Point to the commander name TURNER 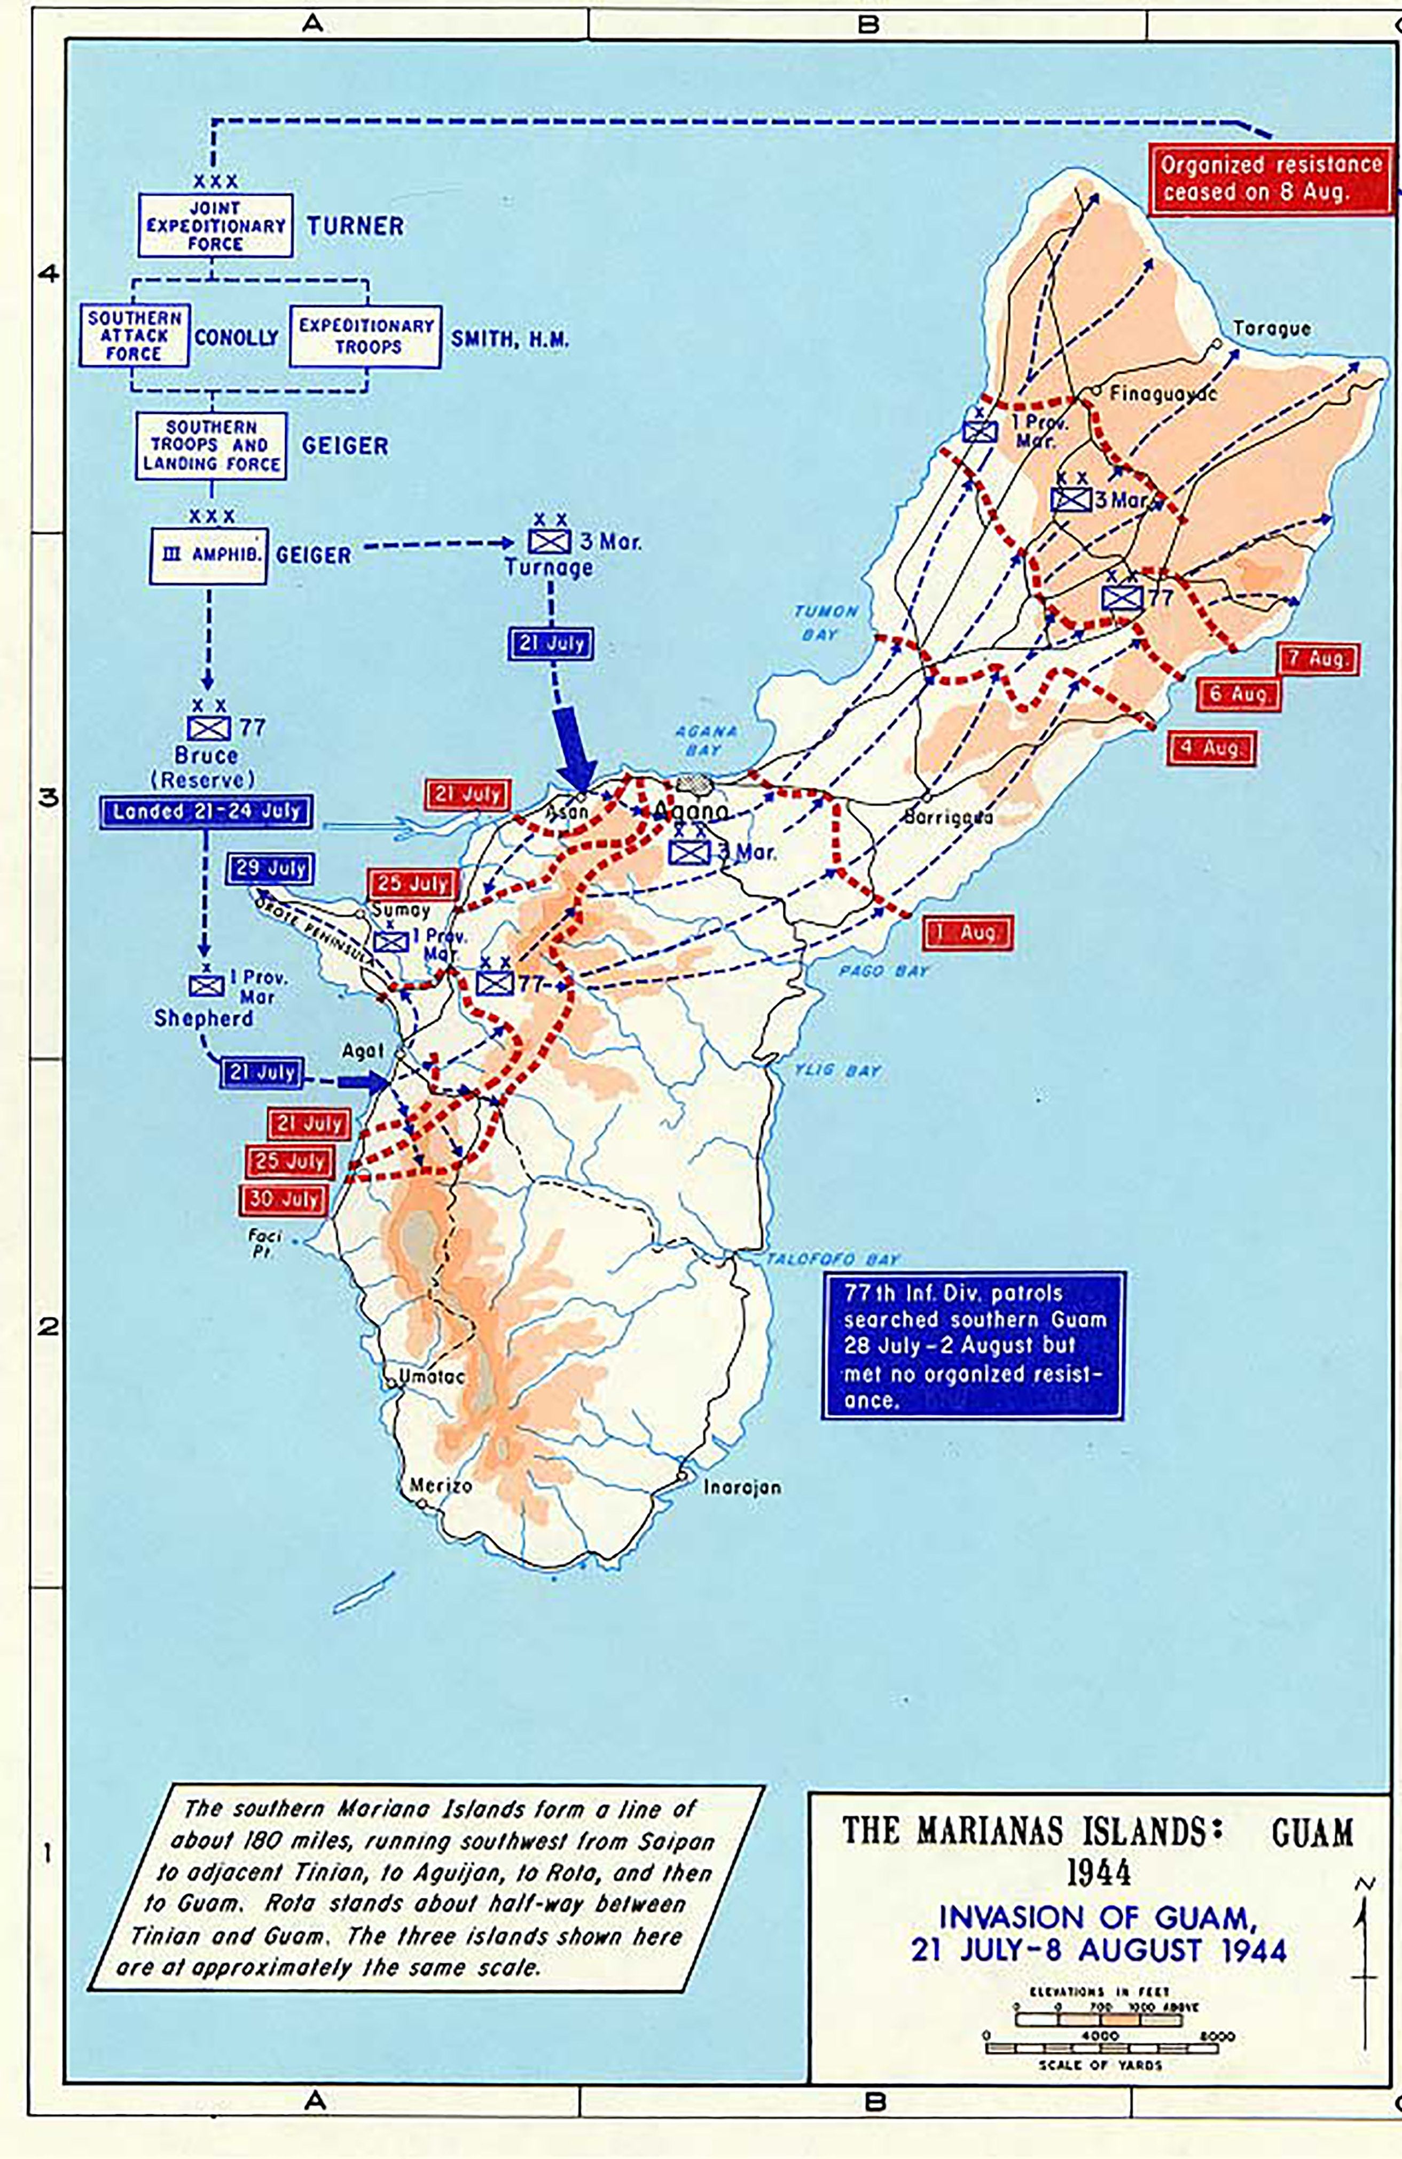pos(355,226)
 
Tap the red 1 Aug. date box pos(968,933)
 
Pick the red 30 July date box pos(283,1199)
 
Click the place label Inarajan pos(742,1488)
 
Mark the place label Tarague pos(1271,329)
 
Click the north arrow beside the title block pos(1363,1941)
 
